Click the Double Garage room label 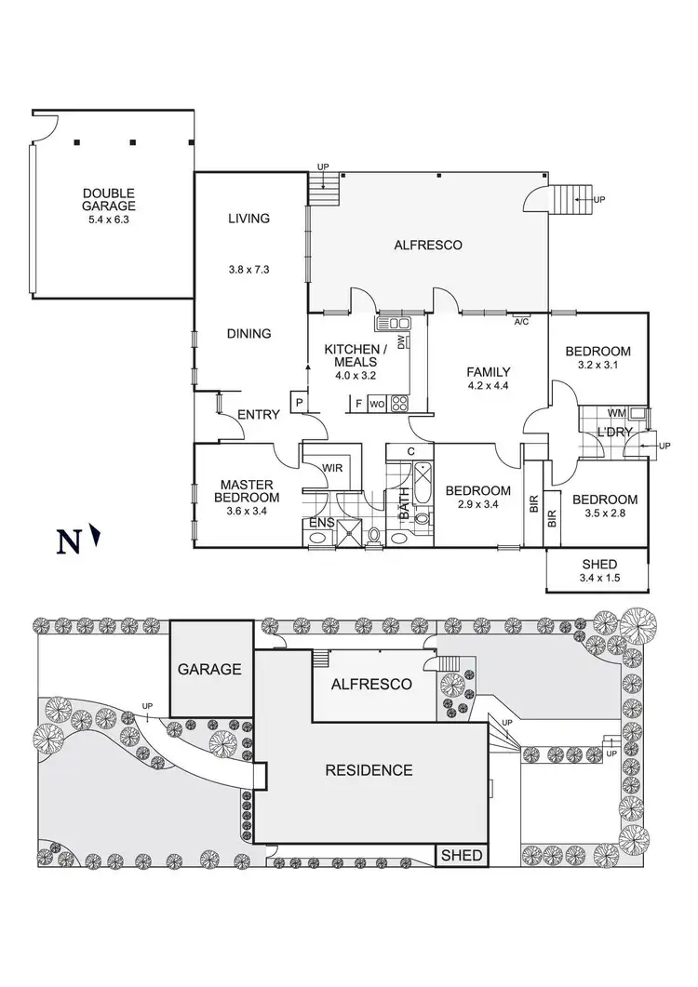108,200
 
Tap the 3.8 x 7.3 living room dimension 248,270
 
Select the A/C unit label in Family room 521,322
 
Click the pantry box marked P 298,402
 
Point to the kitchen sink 393,323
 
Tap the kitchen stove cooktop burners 399,403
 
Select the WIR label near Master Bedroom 332,468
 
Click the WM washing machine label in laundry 616,413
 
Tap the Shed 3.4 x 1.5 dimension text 599,578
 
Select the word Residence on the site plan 369,770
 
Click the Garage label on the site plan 209,669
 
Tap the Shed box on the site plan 462,856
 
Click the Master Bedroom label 247,491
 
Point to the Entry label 259,414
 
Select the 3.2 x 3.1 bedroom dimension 597,365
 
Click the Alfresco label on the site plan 371,685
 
